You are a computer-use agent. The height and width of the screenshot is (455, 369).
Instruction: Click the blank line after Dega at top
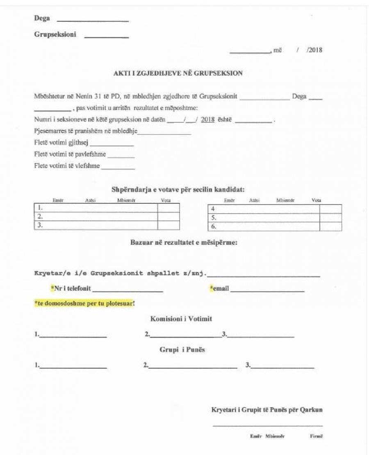[x=92, y=20]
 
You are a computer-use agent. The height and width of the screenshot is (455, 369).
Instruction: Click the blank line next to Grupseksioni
[x=106, y=37]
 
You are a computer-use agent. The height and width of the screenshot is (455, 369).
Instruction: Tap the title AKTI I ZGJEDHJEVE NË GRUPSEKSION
[x=178, y=74]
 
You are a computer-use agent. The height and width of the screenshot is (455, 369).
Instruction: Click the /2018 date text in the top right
[x=314, y=50]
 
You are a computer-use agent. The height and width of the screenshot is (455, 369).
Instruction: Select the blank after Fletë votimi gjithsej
[x=112, y=145]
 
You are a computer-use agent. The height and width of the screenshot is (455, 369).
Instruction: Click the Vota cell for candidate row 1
[x=169, y=208]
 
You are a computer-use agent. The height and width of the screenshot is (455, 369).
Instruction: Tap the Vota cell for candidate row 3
[x=169, y=225]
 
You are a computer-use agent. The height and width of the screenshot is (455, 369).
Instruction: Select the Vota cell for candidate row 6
[x=330, y=226]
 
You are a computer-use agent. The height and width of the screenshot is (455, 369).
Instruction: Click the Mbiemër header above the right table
[x=285, y=201]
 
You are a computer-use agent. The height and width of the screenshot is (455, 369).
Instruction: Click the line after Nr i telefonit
[x=128, y=290]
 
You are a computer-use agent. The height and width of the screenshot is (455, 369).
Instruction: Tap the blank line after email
[x=267, y=290]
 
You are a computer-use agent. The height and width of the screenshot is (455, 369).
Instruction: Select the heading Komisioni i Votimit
[x=181, y=319]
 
